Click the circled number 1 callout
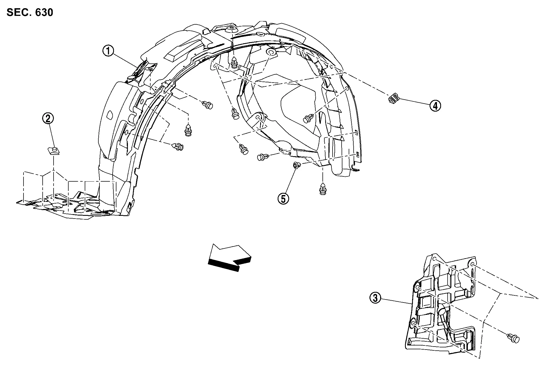point(108,51)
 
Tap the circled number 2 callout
point(48,118)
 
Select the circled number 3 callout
point(375,298)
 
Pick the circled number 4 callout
point(435,105)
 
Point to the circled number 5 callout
point(283,199)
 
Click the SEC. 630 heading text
point(30,12)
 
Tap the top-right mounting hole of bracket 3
point(473,264)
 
